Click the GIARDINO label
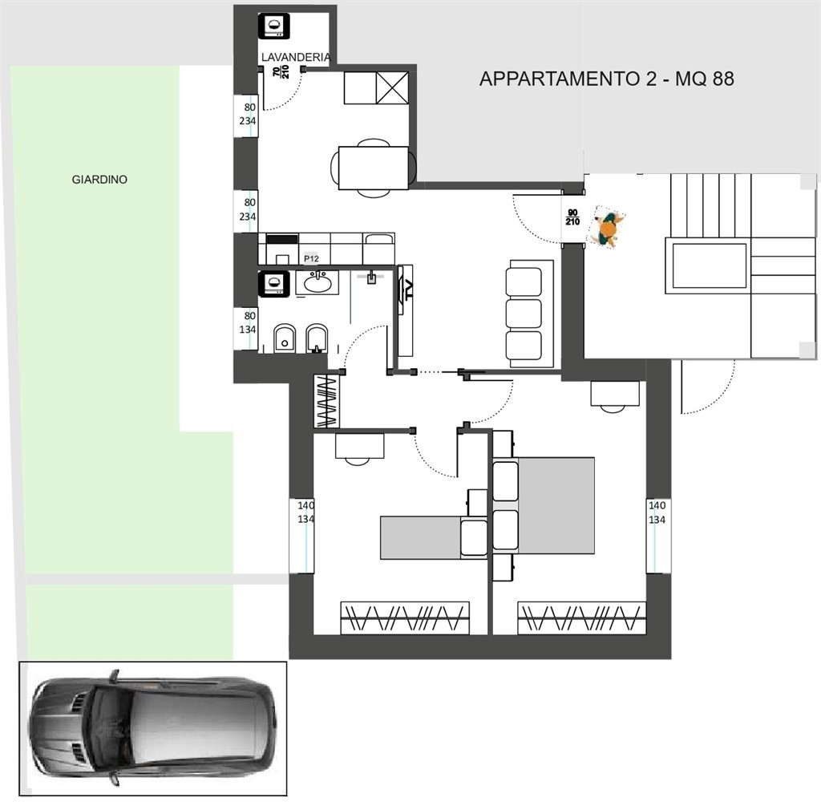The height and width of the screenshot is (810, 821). pyautogui.click(x=99, y=180)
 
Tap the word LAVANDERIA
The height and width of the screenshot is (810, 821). pyautogui.click(x=296, y=57)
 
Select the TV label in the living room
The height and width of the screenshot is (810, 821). pyautogui.click(x=408, y=289)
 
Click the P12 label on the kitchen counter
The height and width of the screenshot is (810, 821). pyautogui.click(x=311, y=259)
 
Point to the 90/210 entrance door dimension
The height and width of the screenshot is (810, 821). pyautogui.click(x=572, y=217)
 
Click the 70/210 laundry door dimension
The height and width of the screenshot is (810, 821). pyautogui.click(x=281, y=71)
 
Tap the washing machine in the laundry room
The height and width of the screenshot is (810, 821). pyautogui.click(x=274, y=25)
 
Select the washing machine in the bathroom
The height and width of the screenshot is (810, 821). pyautogui.click(x=274, y=283)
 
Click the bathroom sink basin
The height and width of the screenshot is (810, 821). pyautogui.click(x=317, y=283)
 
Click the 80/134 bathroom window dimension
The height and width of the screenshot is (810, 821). pyautogui.click(x=249, y=322)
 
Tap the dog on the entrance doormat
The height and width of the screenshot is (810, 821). pyautogui.click(x=607, y=229)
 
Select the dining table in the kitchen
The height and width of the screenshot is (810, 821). pyautogui.click(x=374, y=168)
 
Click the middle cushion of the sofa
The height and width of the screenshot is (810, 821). pyautogui.click(x=524, y=314)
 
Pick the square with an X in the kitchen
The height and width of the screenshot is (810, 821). pyautogui.click(x=392, y=87)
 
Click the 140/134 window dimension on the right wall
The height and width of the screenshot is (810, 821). pyautogui.click(x=657, y=512)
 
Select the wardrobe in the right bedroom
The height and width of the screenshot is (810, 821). pyautogui.click(x=582, y=618)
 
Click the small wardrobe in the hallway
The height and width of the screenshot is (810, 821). pyautogui.click(x=327, y=402)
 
